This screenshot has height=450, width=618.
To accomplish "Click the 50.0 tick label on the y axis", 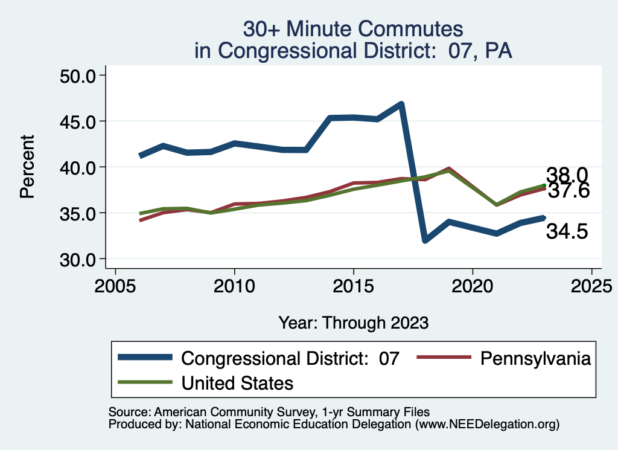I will tap(78, 76).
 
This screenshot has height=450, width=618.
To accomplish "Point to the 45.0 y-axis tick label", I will tap(78, 121).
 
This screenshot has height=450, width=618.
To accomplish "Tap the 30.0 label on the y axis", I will tap(78, 259).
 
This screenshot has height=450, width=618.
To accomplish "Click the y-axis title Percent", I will tap(27, 167).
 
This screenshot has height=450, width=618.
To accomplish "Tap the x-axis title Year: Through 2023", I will tap(354, 323).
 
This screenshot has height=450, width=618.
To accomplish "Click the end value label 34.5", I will tap(567, 231).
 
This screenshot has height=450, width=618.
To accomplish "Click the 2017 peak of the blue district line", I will tap(401, 104).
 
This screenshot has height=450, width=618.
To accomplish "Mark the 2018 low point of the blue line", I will tap(425, 240).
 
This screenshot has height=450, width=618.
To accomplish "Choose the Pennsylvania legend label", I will tap(535, 358).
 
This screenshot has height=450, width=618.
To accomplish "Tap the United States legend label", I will tap(237, 383).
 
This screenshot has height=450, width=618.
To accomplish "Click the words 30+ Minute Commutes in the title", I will tap(353, 28).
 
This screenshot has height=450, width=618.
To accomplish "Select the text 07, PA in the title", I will tap(480, 50).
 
